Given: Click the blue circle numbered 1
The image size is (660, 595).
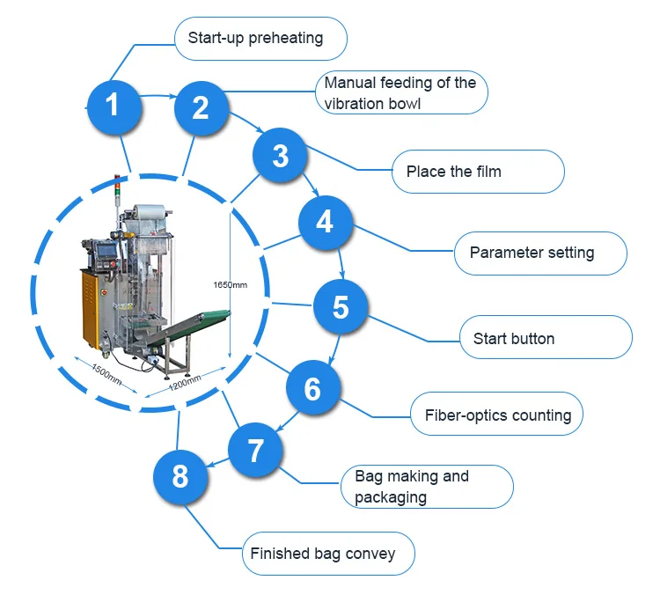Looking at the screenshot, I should pyautogui.click(x=112, y=107).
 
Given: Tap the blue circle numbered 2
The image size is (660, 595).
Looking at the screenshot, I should pyautogui.click(x=201, y=107).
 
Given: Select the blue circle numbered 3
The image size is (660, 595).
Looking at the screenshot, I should pyautogui.click(x=280, y=156).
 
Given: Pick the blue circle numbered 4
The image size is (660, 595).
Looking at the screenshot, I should pyautogui.click(x=325, y=221).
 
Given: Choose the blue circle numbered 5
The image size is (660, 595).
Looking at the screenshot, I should pyautogui.click(x=341, y=307).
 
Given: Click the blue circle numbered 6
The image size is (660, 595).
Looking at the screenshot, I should pyautogui.click(x=312, y=388).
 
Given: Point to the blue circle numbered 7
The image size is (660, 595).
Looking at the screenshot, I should pyautogui.click(x=256, y=451).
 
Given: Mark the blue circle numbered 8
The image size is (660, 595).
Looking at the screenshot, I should pyautogui.click(x=180, y=477).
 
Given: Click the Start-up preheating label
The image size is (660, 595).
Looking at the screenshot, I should pyautogui.click(x=260, y=38).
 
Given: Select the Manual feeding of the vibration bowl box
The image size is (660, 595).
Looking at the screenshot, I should pyautogui.click(x=401, y=92).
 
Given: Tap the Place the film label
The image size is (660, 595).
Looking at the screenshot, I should pyautogui.click(x=478, y=172).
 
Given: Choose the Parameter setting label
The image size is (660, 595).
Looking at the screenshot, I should pyautogui.click(x=540, y=253).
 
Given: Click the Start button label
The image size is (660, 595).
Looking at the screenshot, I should pyautogui.click(x=546, y=338).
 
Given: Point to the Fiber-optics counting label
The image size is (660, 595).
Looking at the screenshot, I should pyautogui.click(x=497, y=415).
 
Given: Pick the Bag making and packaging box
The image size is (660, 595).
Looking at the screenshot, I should pyautogui.click(x=427, y=487).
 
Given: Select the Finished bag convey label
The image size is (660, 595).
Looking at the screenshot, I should pyautogui.click(x=327, y=554).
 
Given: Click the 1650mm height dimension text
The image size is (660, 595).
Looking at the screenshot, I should pyautogui.click(x=230, y=285).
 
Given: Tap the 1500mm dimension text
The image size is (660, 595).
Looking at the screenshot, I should pyautogui.click(x=106, y=373).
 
